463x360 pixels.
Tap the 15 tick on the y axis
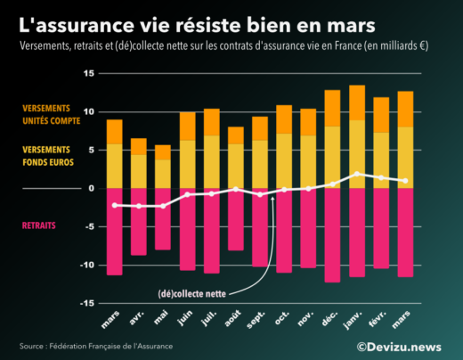(x=90, y=74)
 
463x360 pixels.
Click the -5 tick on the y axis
(x=90, y=226)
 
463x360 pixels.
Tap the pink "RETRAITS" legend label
(x=38, y=225)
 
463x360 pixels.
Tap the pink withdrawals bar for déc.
(x=332, y=234)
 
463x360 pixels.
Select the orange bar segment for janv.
(x=356, y=102)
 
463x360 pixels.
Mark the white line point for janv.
(x=356, y=174)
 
